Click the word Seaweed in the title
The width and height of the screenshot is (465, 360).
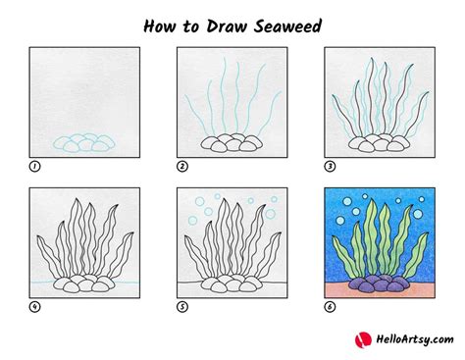click(x=287, y=26)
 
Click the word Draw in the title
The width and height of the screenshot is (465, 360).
click(x=227, y=26)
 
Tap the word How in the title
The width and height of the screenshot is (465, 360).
click(x=160, y=26)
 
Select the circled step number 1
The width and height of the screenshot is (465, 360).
click(x=34, y=167)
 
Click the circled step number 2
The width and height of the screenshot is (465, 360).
click(x=182, y=167)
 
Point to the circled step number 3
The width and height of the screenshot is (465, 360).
click(x=330, y=167)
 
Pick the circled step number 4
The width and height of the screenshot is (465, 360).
click(x=34, y=307)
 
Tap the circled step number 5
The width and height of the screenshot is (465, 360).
click(x=182, y=307)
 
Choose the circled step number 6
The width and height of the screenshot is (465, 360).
click(x=330, y=307)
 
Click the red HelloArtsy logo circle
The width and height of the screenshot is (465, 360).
click(x=363, y=340)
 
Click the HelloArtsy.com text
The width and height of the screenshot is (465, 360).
click(x=415, y=339)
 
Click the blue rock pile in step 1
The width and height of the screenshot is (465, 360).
click(x=84, y=143)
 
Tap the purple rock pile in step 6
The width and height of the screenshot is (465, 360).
click(x=380, y=283)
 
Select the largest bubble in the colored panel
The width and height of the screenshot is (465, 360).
click(x=418, y=214)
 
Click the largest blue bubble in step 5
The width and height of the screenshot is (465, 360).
click(x=270, y=214)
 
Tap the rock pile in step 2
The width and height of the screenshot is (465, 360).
click(x=232, y=142)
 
